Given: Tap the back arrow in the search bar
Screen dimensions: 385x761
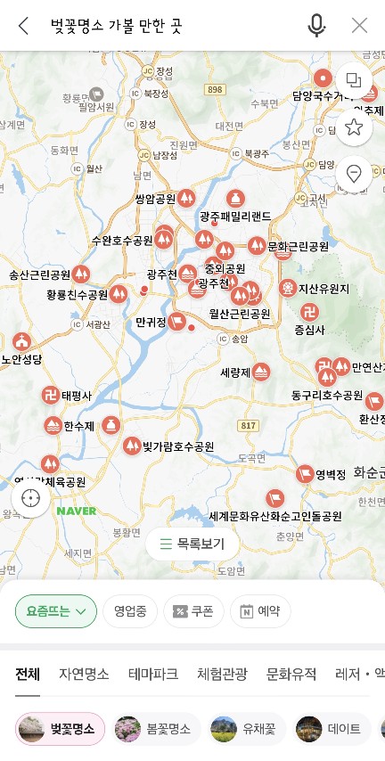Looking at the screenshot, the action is [x=24, y=26].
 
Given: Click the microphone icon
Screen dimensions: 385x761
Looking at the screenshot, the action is [x=316, y=26].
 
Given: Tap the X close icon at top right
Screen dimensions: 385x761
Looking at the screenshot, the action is [x=359, y=26].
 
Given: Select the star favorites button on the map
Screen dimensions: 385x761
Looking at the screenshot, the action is [x=354, y=127].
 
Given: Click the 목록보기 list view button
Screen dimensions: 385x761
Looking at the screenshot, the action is [x=192, y=544].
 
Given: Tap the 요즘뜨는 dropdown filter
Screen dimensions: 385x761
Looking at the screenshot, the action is [x=56, y=611].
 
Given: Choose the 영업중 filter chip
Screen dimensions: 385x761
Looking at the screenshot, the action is [x=130, y=611].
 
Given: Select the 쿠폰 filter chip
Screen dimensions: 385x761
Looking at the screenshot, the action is [x=193, y=611].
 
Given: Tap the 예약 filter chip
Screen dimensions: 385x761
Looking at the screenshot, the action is [x=260, y=611].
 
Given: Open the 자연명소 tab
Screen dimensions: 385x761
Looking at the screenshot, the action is [x=84, y=674].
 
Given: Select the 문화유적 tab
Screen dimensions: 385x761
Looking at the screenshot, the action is [x=291, y=674].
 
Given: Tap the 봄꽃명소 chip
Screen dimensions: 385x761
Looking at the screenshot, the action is [x=160, y=729].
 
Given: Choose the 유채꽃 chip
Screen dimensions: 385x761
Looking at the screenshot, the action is [x=248, y=729].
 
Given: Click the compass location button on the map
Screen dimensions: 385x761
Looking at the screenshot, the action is [x=32, y=498].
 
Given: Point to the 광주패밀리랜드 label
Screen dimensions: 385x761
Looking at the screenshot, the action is [x=234, y=216].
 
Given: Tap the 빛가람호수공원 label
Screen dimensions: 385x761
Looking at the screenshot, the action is [x=178, y=446].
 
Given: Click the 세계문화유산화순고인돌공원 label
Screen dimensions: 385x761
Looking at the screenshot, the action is [x=275, y=516].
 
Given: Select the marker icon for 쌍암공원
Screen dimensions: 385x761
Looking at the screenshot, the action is [x=186, y=198].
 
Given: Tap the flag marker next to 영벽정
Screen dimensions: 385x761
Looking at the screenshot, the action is [x=305, y=473].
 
